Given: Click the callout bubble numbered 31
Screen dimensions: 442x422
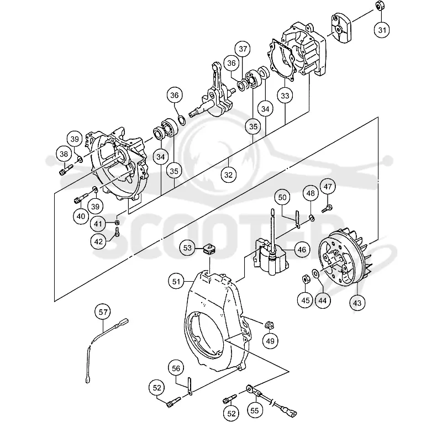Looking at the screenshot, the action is click(382, 30).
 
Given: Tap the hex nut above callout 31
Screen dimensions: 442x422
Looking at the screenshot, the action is click(380, 6).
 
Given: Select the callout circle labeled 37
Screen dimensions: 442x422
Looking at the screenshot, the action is click(243, 49).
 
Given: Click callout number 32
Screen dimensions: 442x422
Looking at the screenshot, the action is click(228, 175).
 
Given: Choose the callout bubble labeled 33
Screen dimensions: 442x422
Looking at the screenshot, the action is click(285, 96).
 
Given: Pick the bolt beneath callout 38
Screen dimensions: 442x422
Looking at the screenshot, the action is click(65, 170).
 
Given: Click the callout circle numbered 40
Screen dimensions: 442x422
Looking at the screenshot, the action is click(81, 216).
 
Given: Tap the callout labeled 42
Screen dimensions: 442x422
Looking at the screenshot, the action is click(98, 241).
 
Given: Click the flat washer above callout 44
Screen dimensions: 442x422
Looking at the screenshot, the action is click(315, 273).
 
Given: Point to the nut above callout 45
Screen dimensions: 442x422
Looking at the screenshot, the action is click(306, 279).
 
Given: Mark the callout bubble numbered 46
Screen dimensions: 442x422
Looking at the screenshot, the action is click(302, 250).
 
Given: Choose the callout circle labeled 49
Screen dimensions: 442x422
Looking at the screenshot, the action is click(270, 341).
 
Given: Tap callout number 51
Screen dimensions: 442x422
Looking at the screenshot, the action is click(176, 281).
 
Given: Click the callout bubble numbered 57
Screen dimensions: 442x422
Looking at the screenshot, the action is click(103, 312).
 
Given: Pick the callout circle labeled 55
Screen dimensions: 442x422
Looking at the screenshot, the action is click(254, 410).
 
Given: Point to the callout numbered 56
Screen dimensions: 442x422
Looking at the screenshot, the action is click(176, 368).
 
